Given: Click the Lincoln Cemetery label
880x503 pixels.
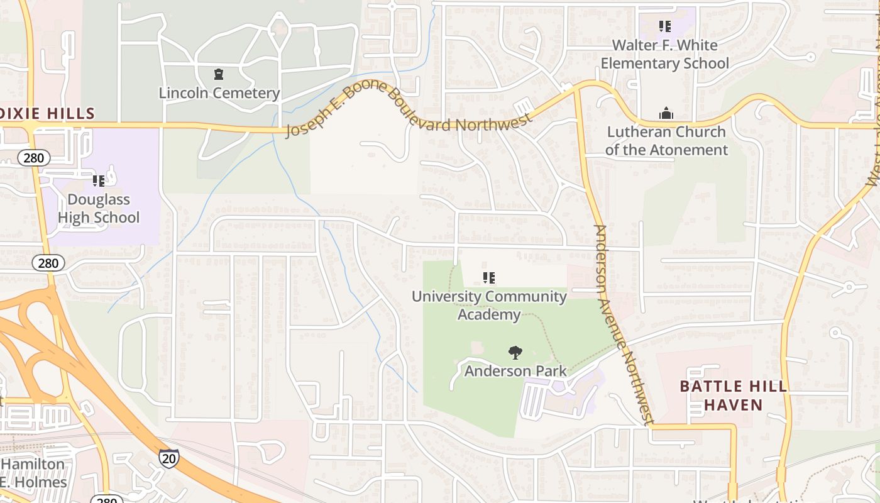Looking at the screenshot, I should [219, 93].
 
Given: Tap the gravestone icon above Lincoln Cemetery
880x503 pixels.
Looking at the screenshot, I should [219, 75].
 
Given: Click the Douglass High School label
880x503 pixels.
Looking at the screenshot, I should [99, 209].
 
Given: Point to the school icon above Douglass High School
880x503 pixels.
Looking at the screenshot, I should [99, 181].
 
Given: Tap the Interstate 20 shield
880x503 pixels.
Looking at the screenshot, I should [168, 458].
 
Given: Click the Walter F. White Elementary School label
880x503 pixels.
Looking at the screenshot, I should [665, 54].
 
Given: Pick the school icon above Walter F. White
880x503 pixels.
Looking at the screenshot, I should [665, 26].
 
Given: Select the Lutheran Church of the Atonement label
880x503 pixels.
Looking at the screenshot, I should [666, 141].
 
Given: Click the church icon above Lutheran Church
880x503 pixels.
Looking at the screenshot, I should [666, 114].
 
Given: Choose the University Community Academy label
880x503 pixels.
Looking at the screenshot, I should [489, 305].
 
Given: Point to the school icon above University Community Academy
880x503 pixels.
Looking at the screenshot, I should [489, 277].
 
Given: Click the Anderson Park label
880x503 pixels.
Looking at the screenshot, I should [515, 371].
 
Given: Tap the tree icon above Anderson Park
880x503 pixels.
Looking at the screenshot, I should [515, 353].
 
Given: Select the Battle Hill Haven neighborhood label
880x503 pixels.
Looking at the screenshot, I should [734, 395].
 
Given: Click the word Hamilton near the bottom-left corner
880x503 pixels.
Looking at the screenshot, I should [33, 465].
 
